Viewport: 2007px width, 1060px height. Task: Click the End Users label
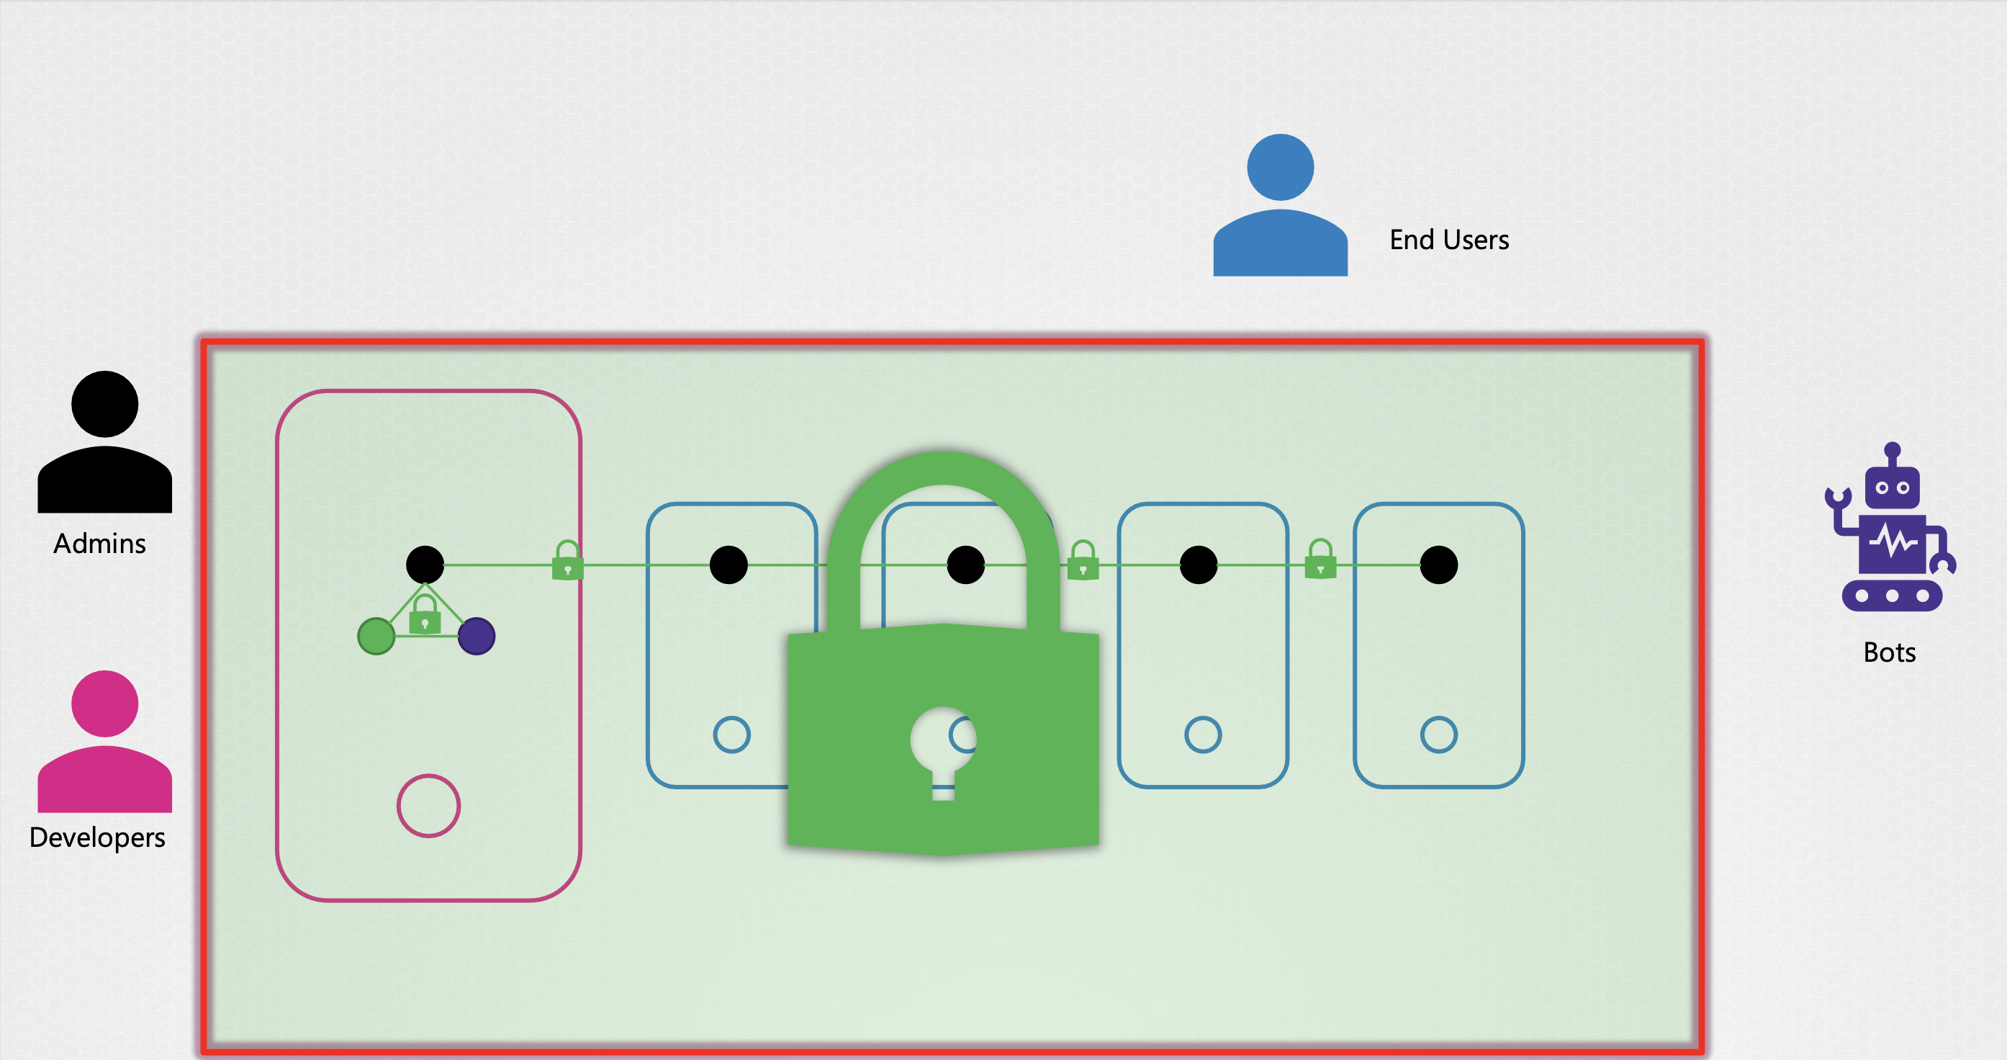coord(1448,239)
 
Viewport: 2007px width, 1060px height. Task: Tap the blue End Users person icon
coord(1280,207)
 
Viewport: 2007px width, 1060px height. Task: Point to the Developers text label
coord(96,837)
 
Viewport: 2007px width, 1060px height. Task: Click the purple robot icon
coord(1890,530)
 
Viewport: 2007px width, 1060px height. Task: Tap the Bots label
coord(1888,652)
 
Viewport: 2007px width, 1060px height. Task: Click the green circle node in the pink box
coord(376,636)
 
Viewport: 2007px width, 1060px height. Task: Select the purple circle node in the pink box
coord(476,636)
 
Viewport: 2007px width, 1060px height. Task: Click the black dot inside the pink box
coord(425,565)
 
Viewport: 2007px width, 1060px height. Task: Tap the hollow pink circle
coord(428,805)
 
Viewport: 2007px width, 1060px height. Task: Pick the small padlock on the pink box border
coord(567,561)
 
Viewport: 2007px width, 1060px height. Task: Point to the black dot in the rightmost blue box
coord(1438,565)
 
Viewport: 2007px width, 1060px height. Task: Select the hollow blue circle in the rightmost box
coord(1438,735)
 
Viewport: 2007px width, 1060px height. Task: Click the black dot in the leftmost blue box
coord(729,565)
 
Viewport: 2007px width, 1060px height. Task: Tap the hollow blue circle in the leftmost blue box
coord(731,735)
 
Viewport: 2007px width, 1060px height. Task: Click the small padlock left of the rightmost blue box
coord(1320,560)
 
